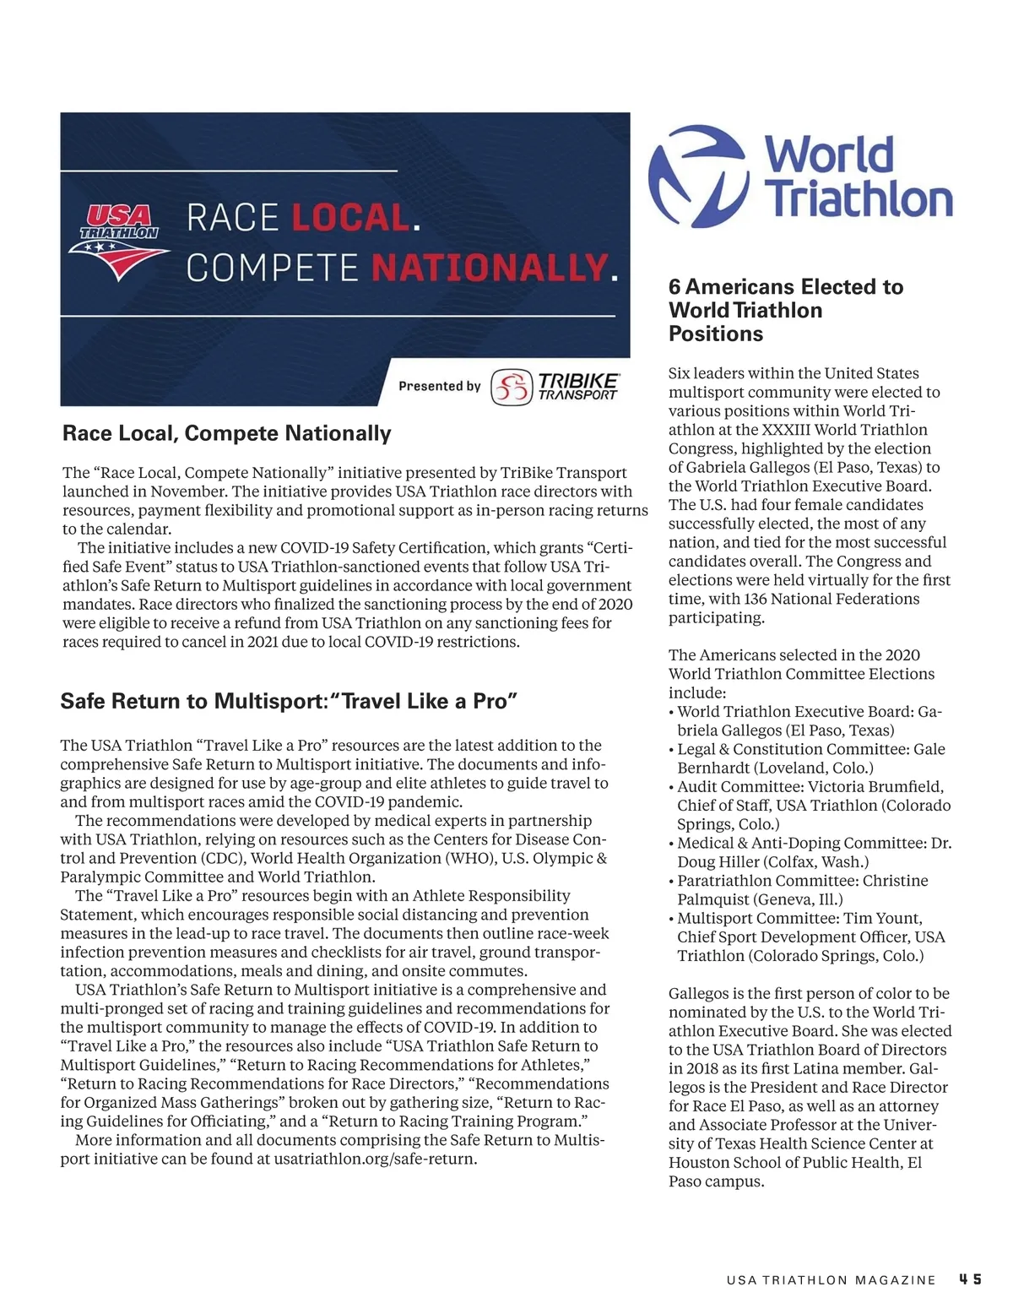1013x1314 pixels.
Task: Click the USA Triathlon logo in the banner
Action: tap(120, 242)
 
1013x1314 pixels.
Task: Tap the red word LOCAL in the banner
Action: tap(350, 219)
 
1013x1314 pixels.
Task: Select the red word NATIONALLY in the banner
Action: tap(489, 268)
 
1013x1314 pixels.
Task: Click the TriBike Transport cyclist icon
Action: tap(512, 387)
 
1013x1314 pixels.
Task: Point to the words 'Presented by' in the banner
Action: tap(439, 386)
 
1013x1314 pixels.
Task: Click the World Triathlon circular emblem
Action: tap(698, 176)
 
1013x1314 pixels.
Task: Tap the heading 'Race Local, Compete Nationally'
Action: tap(226, 433)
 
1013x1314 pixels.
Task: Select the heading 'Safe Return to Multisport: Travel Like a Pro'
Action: tap(288, 701)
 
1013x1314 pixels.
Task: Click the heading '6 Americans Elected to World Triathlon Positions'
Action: tap(785, 310)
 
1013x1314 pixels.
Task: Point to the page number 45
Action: tap(970, 1279)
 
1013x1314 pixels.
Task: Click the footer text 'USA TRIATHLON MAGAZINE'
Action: tap(831, 1280)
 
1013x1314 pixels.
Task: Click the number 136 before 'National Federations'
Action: tap(757, 599)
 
